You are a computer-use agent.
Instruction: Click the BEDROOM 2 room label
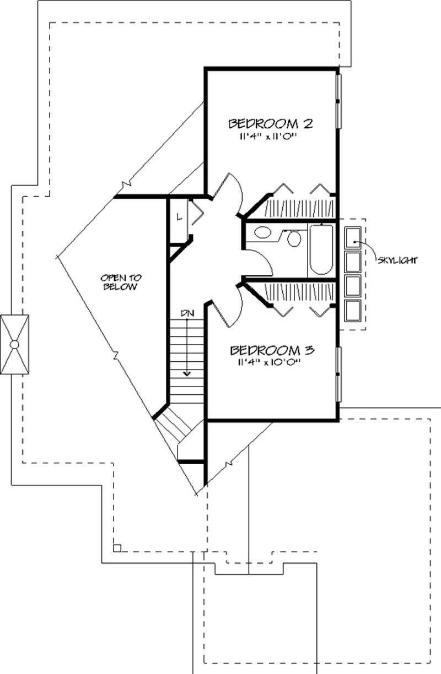(270, 123)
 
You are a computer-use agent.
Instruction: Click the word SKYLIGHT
(396, 259)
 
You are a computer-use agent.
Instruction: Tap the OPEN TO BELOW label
(119, 282)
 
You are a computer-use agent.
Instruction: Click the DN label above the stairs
(187, 313)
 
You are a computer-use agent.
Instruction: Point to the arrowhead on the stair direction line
(187, 373)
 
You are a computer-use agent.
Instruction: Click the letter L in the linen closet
(179, 216)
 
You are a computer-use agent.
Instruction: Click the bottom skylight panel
(353, 311)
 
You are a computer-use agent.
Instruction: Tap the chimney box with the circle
(15, 345)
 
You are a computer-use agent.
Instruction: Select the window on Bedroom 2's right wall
(339, 101)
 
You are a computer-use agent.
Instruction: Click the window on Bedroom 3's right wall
(339, 375)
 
